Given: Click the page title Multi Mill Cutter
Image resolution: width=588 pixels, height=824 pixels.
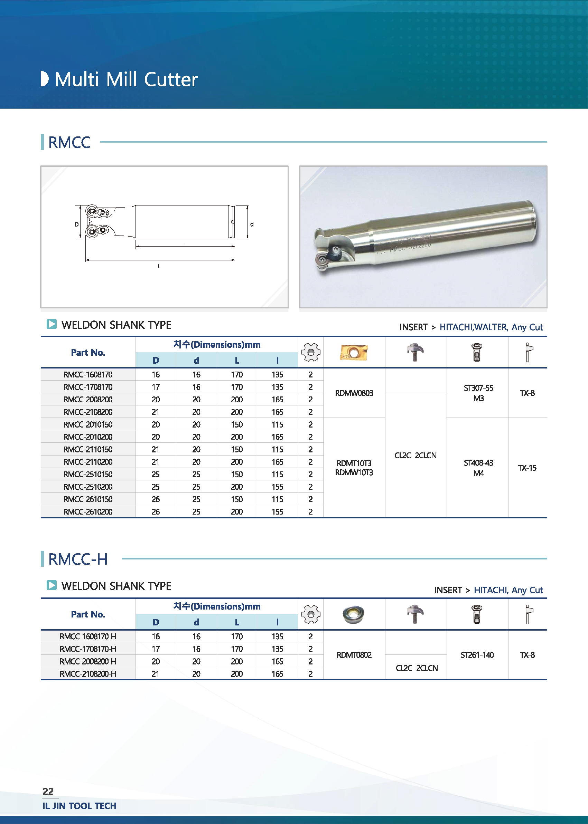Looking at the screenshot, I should [x=126, y=79].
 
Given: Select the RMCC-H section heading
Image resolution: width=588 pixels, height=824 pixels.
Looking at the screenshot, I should [x=78, y=559].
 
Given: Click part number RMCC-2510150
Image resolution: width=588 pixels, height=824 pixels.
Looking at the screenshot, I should [x=88, y=474].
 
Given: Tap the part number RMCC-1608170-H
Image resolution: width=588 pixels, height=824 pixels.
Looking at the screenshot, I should [x=88, y=636].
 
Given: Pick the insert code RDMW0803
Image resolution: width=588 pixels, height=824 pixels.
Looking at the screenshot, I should [x=354, y=393].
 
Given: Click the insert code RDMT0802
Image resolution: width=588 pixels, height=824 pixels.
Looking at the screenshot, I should [x=354, y=655].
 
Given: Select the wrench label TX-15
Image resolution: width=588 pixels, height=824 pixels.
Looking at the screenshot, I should [x=527, y=468].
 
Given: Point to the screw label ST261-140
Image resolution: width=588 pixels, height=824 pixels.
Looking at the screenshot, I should [x=477, y=655].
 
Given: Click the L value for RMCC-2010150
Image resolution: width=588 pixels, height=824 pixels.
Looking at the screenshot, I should [x=237, y=424].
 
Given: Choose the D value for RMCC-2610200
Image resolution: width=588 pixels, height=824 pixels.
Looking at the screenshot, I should [x=156, y=512].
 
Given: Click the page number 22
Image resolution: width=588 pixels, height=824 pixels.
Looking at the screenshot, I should [x=48, y=791].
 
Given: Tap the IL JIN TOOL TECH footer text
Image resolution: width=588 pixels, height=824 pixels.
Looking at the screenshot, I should [x=80, y=806].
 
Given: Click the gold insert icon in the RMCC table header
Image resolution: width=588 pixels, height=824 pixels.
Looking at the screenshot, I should [x=354, y=352].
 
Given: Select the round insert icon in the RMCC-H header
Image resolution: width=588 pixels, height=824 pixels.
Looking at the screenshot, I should [x=353, y=614].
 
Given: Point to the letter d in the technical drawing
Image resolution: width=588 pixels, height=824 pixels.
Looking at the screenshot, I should [x=252, y=224].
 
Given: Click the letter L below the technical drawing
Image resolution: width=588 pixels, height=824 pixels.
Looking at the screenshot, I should [x=159, y=266].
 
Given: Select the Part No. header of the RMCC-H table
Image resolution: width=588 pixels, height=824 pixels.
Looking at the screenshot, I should [x=88, y=614].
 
